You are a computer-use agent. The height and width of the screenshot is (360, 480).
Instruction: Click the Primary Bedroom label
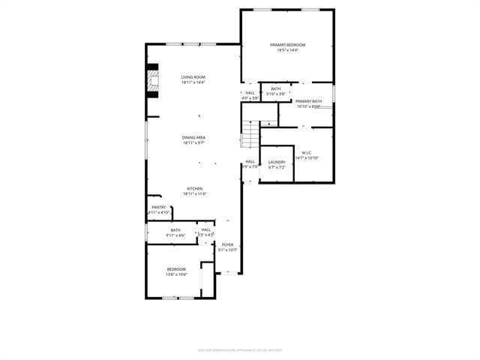[287, 45]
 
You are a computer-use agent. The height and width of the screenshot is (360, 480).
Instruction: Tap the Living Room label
[193, 77]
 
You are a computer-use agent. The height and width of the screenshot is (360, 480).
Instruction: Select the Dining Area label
[193, 137]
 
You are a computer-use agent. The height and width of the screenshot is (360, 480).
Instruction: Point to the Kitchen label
[193, 188]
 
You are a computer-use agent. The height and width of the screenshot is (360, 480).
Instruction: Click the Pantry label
[158, 208]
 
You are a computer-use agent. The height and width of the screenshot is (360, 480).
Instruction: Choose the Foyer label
[227, 244]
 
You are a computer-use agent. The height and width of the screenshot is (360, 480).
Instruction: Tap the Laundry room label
[277, 162]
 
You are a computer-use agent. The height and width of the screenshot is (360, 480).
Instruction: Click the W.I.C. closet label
[307, 152]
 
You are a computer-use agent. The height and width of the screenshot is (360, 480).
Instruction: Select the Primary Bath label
[308, 101]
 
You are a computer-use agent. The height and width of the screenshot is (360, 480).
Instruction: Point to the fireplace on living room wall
[154, 81]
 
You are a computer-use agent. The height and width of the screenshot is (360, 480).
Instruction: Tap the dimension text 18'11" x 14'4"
[193, 82]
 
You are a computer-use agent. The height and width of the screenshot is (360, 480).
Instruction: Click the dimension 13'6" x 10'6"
[176, 274]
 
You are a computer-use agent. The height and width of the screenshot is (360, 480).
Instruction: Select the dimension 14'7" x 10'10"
[307, 157]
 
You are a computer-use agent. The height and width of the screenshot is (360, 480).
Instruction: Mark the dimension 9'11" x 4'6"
[175, 235]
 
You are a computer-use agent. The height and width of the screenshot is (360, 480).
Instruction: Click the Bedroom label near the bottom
[176, 269]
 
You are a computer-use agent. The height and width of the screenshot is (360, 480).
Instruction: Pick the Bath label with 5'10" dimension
[276, 89]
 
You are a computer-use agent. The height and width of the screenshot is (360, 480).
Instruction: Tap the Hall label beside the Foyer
[205, 230]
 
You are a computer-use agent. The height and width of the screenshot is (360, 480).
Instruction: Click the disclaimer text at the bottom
[239, 349]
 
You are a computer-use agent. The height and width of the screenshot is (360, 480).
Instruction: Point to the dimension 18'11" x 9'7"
[193, 142]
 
